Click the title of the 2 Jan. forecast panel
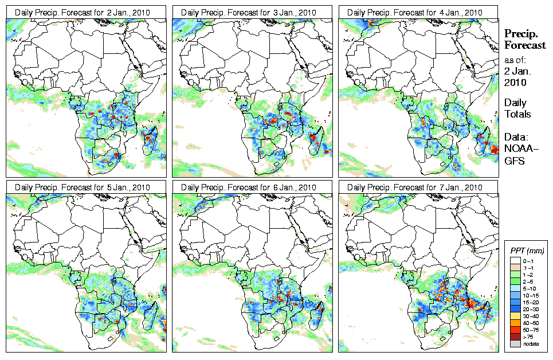pyautogui.click(x=77, y=13)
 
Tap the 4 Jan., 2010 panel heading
pyautogui.click(x=410, y=13)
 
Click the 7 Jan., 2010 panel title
pyautogui.click(x=410, y=187)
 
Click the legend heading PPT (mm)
pyautogui.click(x=527, y=251)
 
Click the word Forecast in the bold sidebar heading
pyautogui.click(x=525, y=45)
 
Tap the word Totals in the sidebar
pyautogui.click(x=517, y=114)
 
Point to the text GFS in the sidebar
pyautogui.click(x=514, y=161)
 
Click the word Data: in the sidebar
pyautogui.click(x=516, y=138)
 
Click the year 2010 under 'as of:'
pyautogui.click(x=515, y=83)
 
